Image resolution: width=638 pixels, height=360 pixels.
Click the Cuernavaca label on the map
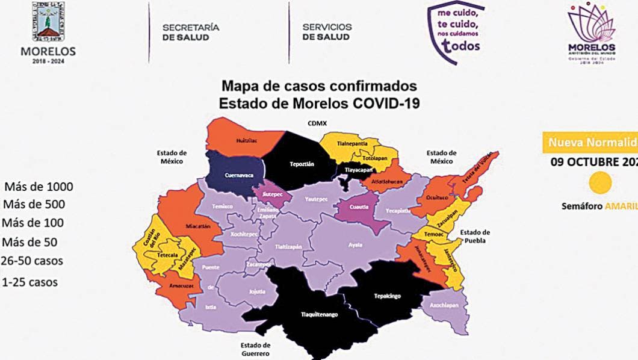(x=237, y=175)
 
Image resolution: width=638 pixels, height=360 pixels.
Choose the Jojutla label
(x=257, y=292)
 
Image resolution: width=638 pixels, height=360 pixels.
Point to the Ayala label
(x=356, y=245)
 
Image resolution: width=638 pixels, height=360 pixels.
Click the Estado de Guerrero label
(x=256, y=349)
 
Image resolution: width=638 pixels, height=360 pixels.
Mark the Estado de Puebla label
(x=475, y=236)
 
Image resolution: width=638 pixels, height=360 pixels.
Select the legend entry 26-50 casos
(x=31, y=261)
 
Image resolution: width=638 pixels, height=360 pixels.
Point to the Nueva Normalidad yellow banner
(x=590, y=143)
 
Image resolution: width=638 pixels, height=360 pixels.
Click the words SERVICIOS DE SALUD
(x=327, y=32)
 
